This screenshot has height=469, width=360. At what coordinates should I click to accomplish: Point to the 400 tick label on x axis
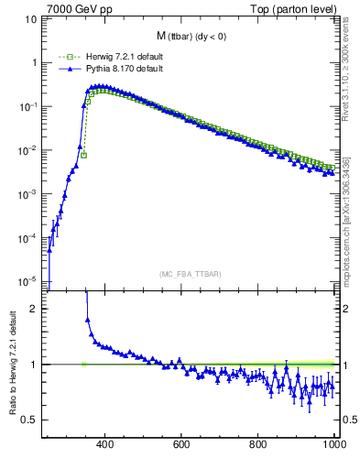(104, 445)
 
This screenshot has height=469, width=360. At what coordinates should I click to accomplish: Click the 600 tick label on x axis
(181, 445)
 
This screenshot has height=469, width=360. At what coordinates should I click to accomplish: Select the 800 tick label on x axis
(258, 445)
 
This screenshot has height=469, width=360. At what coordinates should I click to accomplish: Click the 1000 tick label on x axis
(333, 445)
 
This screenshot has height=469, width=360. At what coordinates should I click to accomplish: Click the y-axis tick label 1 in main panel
(35, 63)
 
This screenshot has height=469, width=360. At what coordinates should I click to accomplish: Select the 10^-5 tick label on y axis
(28, 281)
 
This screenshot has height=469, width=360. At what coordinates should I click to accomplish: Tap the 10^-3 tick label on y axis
(28, 194)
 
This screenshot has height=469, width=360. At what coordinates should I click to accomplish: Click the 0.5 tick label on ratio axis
(30, 420)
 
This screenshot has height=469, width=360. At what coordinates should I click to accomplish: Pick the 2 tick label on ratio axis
(35, 310)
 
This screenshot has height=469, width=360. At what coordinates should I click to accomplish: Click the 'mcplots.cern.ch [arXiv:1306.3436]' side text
(347, 220)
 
